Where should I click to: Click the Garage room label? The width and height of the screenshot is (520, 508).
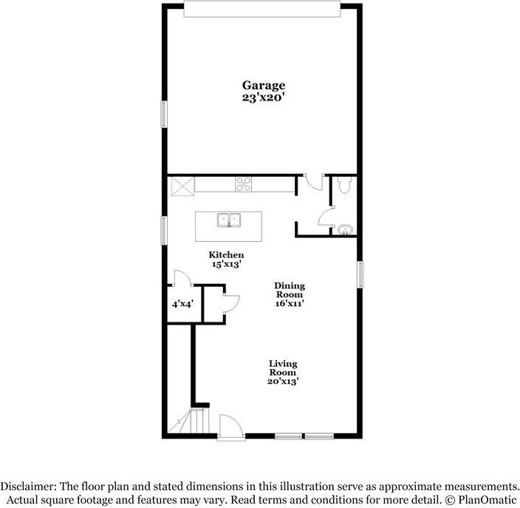(x=264, y=86)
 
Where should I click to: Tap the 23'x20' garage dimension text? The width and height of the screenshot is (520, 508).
(x=264, y=97)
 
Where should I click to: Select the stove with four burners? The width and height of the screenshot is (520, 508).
(x=244, y=184)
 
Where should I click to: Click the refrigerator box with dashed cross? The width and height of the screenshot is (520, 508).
(x=182, y=185)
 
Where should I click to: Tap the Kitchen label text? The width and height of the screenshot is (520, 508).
(x=226, y=255)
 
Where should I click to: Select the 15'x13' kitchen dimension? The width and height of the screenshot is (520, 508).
(x=226, y=264)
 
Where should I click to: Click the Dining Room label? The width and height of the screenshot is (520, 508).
(x=290, y=290)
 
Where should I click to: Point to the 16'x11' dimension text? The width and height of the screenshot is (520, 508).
(x=290, y=302)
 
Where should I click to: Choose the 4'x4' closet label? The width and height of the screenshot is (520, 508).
(x=181, y=303)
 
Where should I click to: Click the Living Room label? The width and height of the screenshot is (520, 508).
(x=283, y=368)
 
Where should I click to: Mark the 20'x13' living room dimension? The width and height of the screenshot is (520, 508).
(x=283, y=381)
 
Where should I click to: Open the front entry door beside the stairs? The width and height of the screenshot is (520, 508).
(x=230, y=427)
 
